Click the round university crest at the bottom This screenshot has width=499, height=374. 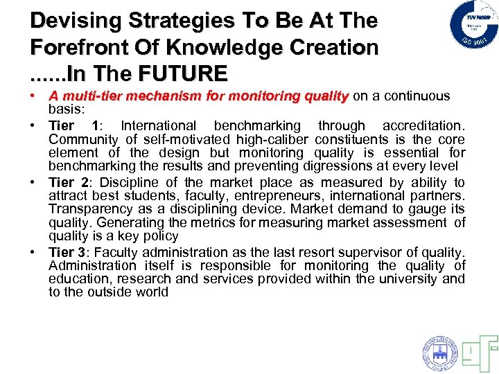[439, 353]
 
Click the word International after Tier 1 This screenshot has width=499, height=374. [159, 126]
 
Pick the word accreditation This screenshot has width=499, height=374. [425, 126]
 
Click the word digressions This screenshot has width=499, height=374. [315, 166]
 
